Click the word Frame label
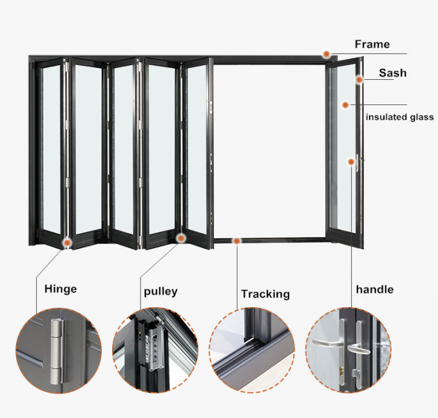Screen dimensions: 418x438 (x=372, y=44)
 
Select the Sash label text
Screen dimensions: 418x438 (x=392, y=73)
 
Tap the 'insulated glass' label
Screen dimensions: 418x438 (x=399, y=117)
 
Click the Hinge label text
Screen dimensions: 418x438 (x=60, y=289)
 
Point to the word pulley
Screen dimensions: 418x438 (x=160, y=291)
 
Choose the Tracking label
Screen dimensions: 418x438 (x=265, y=294)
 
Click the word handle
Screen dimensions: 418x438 (x=374, y=289)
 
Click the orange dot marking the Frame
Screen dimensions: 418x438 (x=327, y=55)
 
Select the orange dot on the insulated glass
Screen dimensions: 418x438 (x=345, y=104)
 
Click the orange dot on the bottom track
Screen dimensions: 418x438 (x=237, y=241)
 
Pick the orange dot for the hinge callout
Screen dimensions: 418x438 (x=67, y=242)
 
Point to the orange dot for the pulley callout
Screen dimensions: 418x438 (x=181, y=238)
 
